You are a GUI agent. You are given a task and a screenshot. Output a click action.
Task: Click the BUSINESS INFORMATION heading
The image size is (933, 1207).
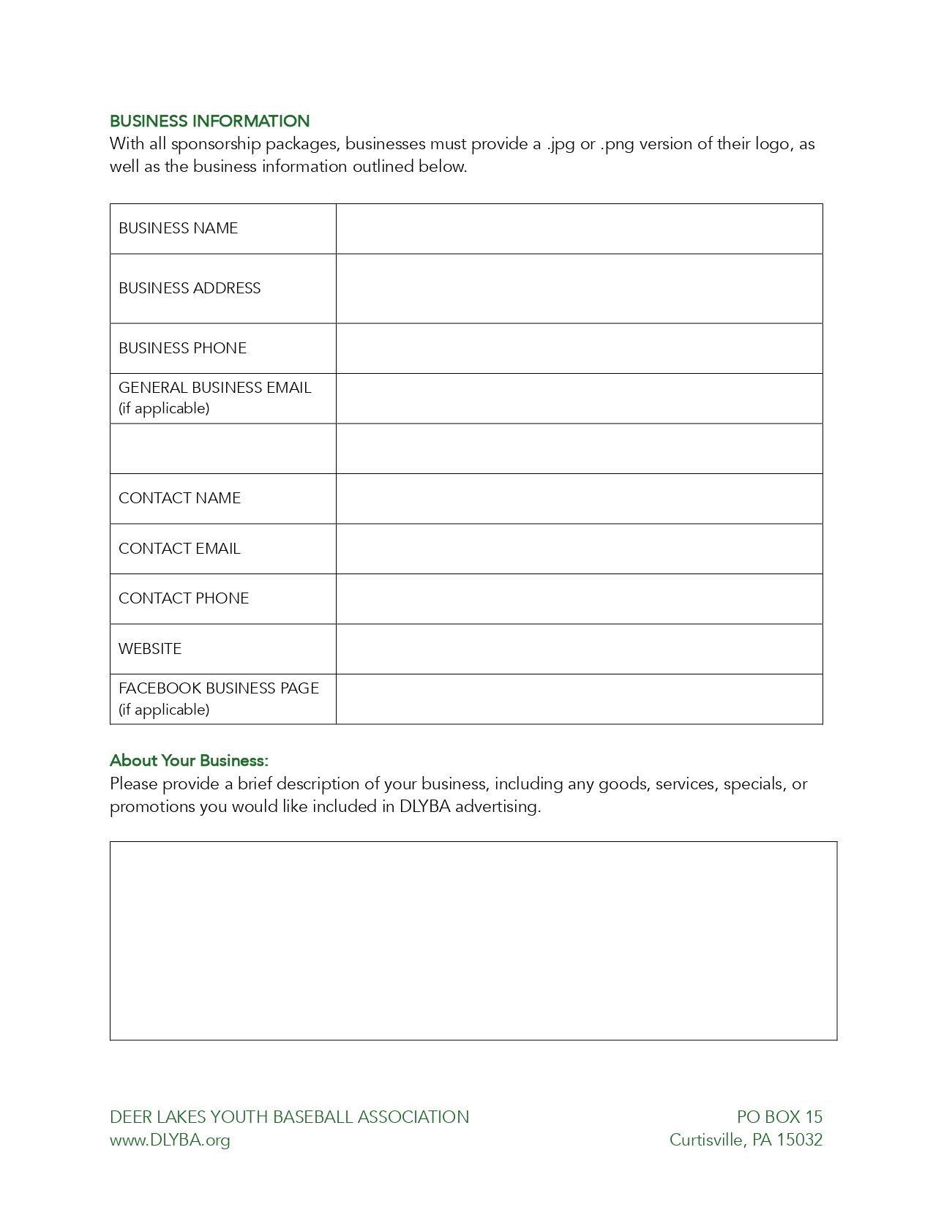[x=209, y=121]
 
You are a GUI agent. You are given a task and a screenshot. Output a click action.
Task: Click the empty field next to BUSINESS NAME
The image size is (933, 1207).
[x=579, y=229]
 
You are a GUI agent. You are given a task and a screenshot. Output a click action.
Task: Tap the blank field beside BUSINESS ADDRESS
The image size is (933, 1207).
[x=579, y=289]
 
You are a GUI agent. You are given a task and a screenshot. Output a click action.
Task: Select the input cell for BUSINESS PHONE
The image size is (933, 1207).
[x=579, y=349]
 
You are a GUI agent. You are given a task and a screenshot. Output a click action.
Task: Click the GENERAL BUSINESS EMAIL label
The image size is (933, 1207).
[x=214, y=388]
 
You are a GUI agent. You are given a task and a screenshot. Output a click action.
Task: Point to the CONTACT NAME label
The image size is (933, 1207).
[x=179, y=498]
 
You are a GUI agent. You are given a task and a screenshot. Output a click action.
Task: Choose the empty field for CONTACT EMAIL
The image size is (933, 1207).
[x=579, y=549]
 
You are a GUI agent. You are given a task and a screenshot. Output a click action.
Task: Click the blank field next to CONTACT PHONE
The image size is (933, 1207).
[x=579, y=599]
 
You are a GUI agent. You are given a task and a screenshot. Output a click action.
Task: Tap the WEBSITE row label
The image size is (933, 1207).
[x=150, y=649]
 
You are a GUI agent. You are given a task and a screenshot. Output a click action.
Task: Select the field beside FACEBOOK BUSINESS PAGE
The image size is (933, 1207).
[x=579, y=699]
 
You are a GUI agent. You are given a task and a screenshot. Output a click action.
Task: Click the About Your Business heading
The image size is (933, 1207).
[x=189, y=761]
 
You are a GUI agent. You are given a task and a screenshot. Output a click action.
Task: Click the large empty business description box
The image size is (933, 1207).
[x=473, y=941]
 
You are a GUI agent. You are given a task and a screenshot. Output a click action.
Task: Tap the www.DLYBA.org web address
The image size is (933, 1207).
[x=170, y=1140]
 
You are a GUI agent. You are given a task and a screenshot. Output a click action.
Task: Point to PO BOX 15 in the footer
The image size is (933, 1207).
[x=779, y=1117]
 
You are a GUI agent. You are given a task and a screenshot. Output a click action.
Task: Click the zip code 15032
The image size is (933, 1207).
[x=800, y=1140]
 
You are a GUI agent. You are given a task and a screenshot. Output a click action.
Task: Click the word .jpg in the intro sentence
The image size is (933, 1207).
[x=561, y=144]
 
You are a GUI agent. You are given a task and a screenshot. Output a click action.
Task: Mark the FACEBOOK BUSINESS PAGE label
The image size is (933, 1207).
[x=219, y=688]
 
